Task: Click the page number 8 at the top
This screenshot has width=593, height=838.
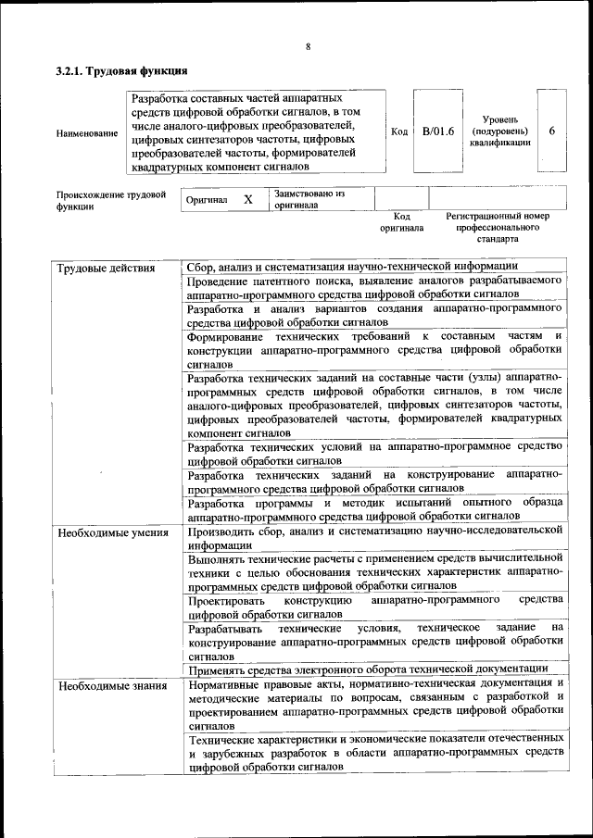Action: (x=308, y=47)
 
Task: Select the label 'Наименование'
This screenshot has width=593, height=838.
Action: (x=87, y=132)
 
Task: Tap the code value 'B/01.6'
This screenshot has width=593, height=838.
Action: (x=438, y=131)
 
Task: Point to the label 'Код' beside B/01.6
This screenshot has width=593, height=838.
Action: (x=399, y=132)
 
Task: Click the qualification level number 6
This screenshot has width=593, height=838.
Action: (x=551, y=131)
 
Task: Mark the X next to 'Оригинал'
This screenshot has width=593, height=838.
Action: (x=248, y=199)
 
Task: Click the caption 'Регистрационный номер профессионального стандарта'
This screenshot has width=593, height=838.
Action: (x=498, y=226)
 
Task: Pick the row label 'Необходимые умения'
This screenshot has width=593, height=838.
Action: (x=113, y=532)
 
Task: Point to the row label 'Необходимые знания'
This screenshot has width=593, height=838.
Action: (x=112, y=686)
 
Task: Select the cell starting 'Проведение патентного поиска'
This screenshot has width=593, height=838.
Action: (x=374, y=286)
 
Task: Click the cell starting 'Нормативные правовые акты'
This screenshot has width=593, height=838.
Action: (x=374, y=706)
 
